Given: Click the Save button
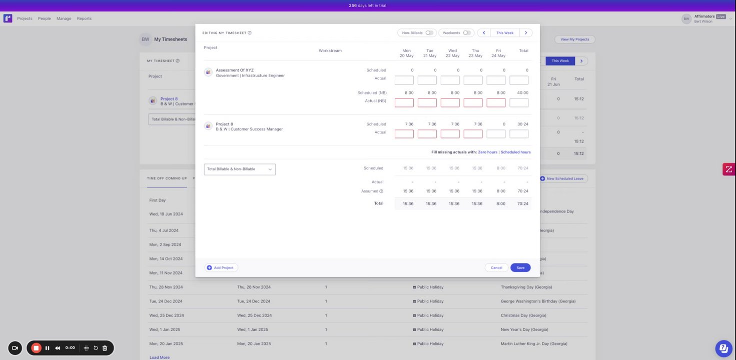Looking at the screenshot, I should pyautogui.click(x=520, y=267).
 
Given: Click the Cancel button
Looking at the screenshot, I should pyautogui.click(x=496, y=267).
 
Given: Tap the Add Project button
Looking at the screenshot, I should pyautogui.click(x=221, y=267).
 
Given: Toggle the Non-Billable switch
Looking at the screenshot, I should pyautogui.click(x=429, y=33).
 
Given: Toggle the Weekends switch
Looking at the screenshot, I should pyautogui.click(x=467, y=33).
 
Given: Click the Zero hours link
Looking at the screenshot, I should pyautogui.click(x=487, y=152).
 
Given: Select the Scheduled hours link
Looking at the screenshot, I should pyautogui.click(x=516, y=152).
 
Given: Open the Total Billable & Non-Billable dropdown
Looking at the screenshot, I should pyautogui.click(x=240, y=169).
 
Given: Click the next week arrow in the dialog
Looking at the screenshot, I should pyautogui.click(x=526, y=33).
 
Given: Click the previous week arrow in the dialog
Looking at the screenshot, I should pyautogui.click(x=484, y=33).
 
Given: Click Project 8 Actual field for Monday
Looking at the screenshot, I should pyautogui.click(x=404, y=134).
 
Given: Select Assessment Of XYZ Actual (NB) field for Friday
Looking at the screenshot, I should pyautogui.click(x=496, y=102).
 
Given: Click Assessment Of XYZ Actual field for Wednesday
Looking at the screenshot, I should pyautogui.click(x=450, y=80).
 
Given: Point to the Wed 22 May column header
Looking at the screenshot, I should pyautogui.click(x=452, y=53).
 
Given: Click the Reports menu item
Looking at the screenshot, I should pyautogui.click(x=84, y=18).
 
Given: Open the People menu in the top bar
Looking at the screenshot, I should pyautogui.click(x=45, y=18).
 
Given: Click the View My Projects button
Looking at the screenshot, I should pyautogui.click(x=574, y=39).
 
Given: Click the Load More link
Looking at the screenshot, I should pyautogui.click(x=160, y=357).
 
